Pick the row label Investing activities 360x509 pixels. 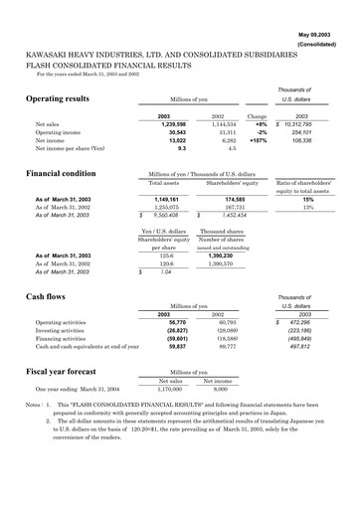(66, 331)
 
